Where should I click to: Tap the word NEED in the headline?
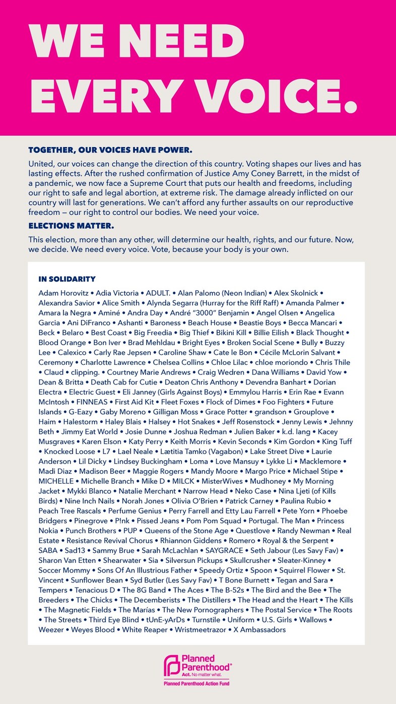click(180, 37)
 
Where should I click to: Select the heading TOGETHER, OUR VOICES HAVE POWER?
click(110, 150)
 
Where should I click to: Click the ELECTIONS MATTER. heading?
click(71, 225)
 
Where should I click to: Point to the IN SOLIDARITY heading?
click(67, 279)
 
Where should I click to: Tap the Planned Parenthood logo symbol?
click(172, 666)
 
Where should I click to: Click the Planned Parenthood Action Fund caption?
click(197, 683)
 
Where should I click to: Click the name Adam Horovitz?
click(60, 293)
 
